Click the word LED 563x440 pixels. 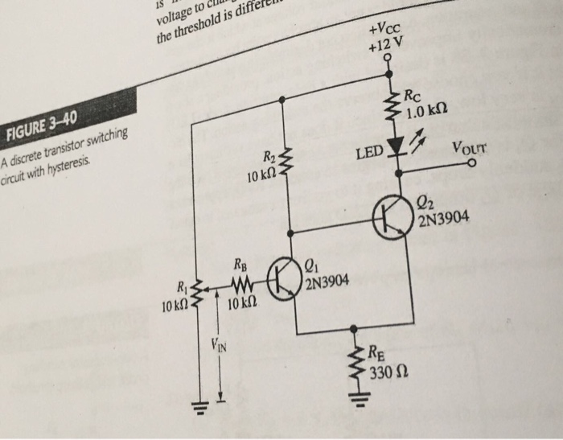pyautogui.click(x=369, y=152)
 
